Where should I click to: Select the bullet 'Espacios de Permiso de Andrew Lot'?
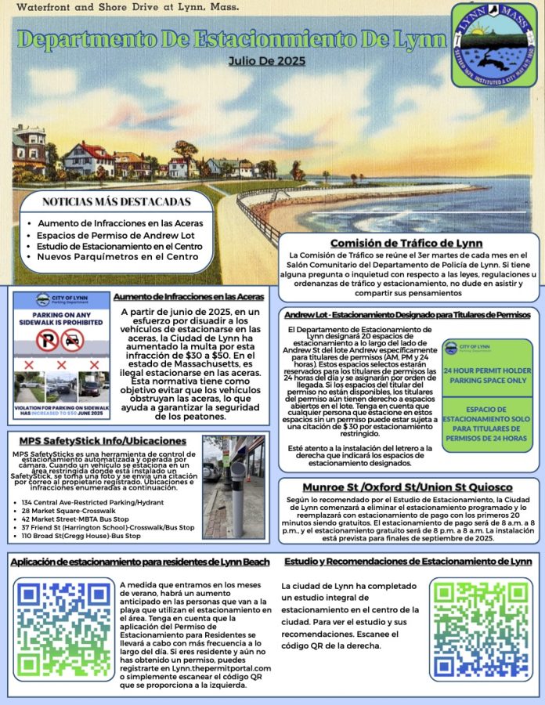pyautogui.click(x=109, y=234)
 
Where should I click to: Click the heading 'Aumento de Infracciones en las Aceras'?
pyautogui.click(x=189, y=297)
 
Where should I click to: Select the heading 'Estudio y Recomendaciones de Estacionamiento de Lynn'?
pyautogui.click(x=408, y=562)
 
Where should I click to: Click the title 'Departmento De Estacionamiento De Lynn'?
pyautogui.click(x=232, y=39)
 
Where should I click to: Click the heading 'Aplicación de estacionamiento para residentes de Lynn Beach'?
pyautogui.click(x=140, y=562)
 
